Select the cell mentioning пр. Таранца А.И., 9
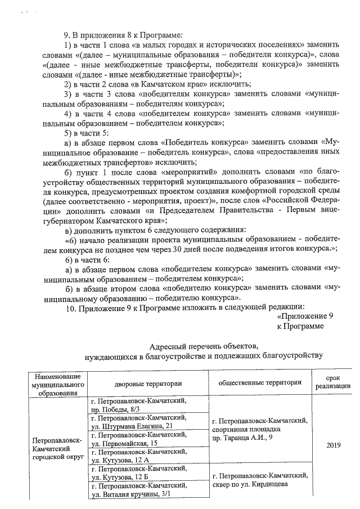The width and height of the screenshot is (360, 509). click(259, 429)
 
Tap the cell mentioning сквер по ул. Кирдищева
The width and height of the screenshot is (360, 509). click(259, 480)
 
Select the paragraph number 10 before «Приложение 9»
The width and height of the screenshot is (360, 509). click(71, 307)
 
